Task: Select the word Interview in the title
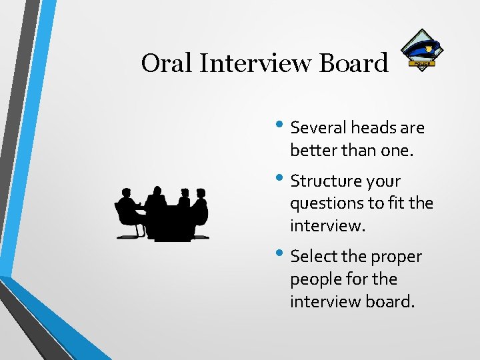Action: pyautogui.click(x=257, y=63)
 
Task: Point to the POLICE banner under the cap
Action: pyautogui.click(x=423, y=63)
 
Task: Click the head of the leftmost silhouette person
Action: pyautogui.click(x=125, y=194)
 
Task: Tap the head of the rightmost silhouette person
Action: pyautogui.click(x=200, y=193)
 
